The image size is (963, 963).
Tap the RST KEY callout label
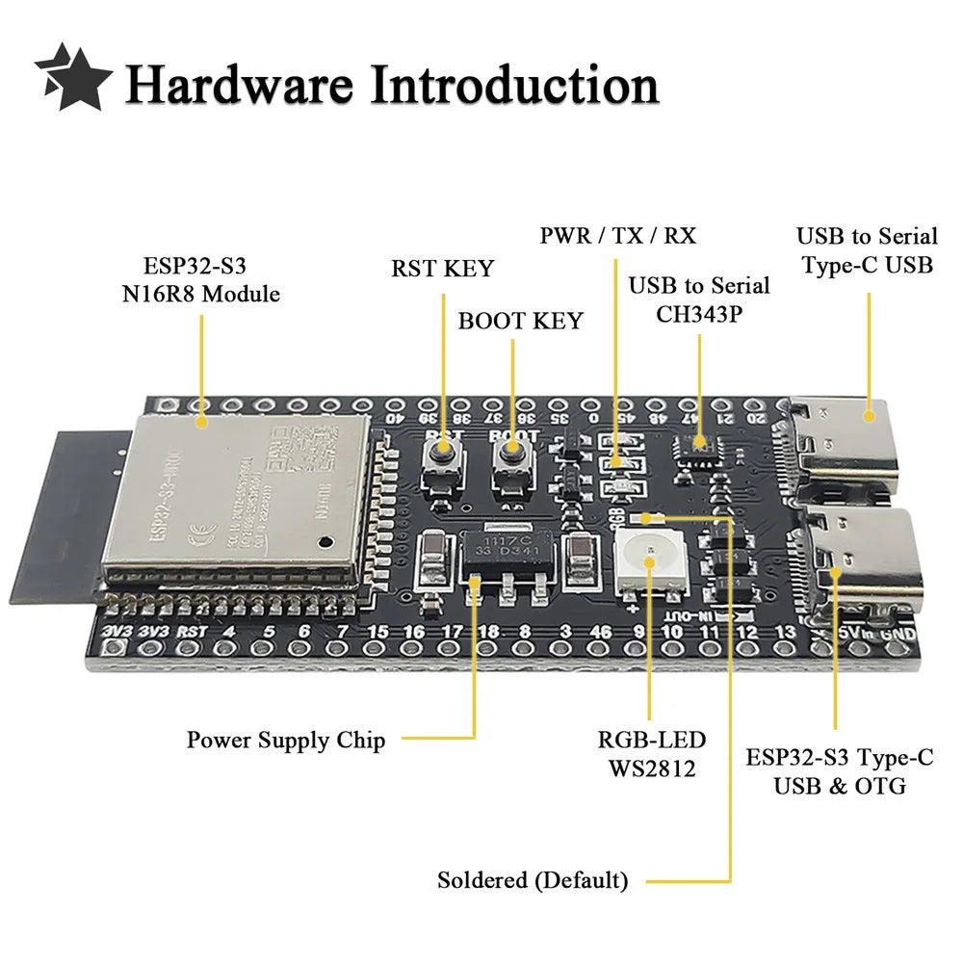[442, 269]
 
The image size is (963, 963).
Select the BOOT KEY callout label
[520, 321]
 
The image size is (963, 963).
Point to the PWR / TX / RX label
[617, 235]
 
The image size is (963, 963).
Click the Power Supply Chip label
[286, 741]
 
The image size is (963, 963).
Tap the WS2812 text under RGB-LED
[651, 768]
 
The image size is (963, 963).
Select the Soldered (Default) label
[533, 880]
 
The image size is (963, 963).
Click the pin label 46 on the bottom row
[600, 632]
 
